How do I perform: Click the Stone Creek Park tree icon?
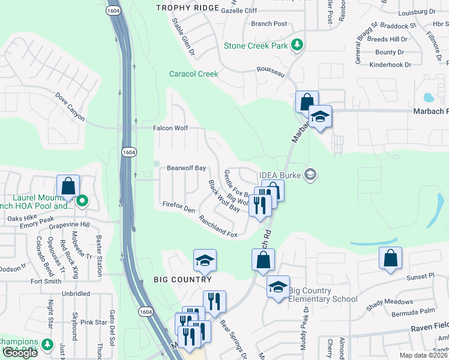(296, 45)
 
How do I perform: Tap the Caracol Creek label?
(193, 74)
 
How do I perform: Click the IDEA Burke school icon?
(310, 175)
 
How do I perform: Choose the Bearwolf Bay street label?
(186, 168)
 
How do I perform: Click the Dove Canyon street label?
(70, 106)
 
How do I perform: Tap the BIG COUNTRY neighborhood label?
(182, 280)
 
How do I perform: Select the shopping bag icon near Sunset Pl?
(390, 259)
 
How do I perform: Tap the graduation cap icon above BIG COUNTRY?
(205, 260)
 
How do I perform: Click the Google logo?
(20, 353)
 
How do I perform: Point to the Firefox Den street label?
(179, 206)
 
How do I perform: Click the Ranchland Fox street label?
(218, 226)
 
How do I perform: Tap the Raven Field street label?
(430, 329)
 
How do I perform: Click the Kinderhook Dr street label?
(390, 64)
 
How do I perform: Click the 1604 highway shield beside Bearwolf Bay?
(128, 153)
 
